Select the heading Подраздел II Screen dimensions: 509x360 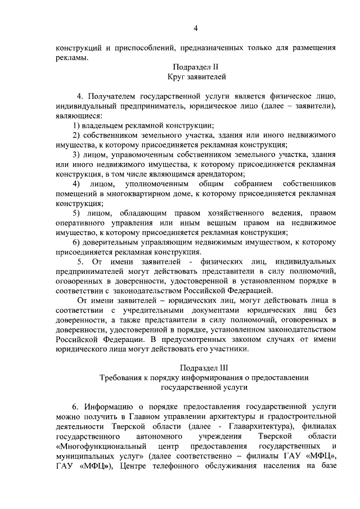(196, 66)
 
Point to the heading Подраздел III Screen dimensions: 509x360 (195, 368)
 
